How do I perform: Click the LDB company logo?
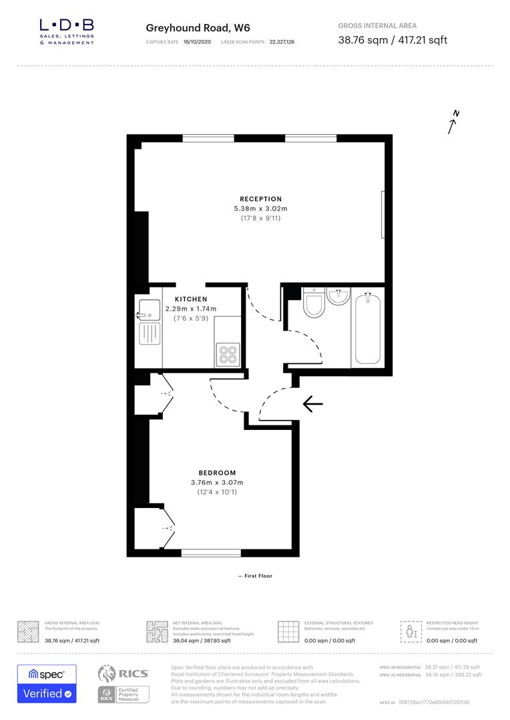pyautogui.click(x=67, y=31)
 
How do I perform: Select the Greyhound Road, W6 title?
pyautogui.click(x=189, y=28)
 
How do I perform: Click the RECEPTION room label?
pyautogui.click(x=261, y=199)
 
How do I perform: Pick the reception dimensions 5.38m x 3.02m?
pyautogui.click(x=261, y=209)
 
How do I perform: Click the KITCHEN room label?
pyautogui.click(x=191, y=299)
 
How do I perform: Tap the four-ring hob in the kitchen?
pyautogui.click(x=228, y=353)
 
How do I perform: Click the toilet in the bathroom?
pyautogui.click(x=312, y=305)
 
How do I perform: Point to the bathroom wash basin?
pyautogui.click(x=338, y=295)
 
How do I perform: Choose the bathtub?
pyautogui.click(x=367, y=327)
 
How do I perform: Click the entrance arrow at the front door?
pyautogui.click(x=312, y=404)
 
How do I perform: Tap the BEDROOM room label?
pyautogui.click(x=217, y=473)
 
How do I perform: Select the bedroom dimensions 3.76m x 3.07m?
pyautogui.click(x=217, y=483)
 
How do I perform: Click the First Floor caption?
pyautogui.click(x=255, y=576)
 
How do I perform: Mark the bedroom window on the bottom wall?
pyautogui.click(x=211, y=553)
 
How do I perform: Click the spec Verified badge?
pyautogui.click(x=47, y=683)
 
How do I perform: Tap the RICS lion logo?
pyautogui.click(x=110, y=674)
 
